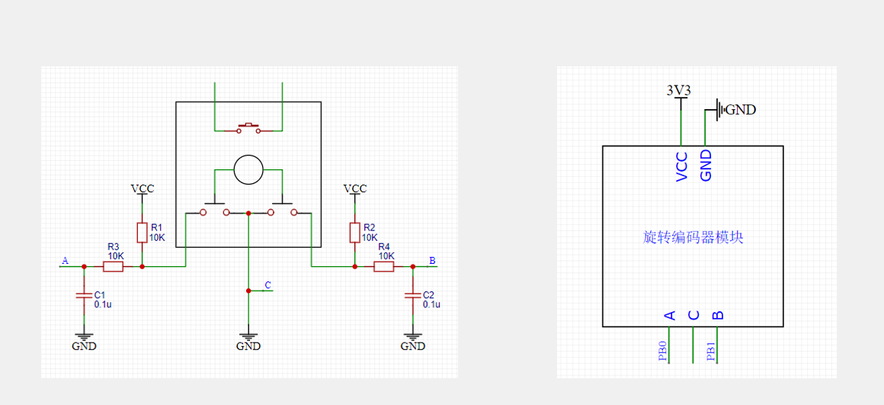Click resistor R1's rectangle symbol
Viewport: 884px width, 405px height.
142,233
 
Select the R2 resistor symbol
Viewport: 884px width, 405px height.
354,233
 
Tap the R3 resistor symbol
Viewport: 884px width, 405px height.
113,267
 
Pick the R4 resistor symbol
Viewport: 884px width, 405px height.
384,267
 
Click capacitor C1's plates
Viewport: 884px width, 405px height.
84,296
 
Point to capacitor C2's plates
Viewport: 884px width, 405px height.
413,296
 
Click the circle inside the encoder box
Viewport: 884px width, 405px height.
248,169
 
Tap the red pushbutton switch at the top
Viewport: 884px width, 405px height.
248,128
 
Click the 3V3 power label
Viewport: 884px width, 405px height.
679,90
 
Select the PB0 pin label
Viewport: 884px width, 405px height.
662,351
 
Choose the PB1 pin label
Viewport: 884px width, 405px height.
711,351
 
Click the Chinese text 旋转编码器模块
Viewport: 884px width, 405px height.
693,237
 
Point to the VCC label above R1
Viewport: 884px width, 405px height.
142,188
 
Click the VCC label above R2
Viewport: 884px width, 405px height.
354,188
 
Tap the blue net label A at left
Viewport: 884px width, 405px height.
65,261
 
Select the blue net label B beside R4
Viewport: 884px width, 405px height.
432,261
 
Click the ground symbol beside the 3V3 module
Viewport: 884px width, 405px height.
719,109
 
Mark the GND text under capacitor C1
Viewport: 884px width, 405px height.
84,346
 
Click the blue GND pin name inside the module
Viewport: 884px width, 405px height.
705,166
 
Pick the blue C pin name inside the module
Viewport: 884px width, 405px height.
693,315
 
